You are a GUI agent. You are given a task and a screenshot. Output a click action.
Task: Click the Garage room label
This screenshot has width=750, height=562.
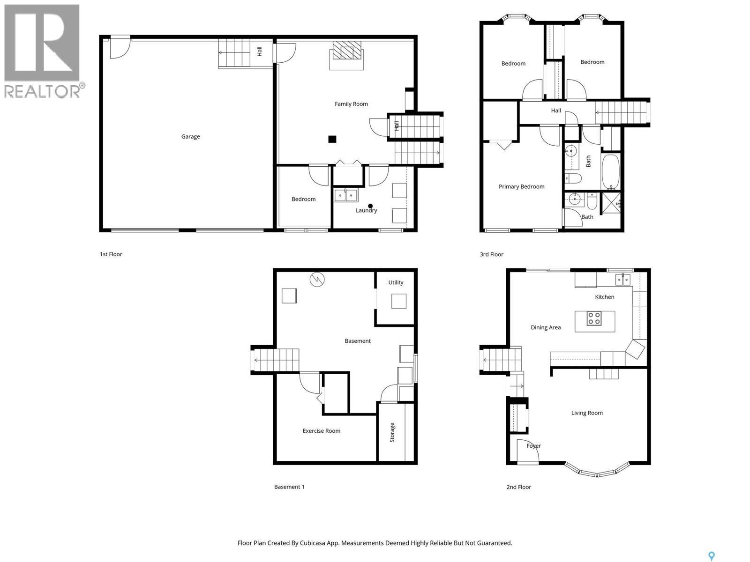coord(190,137)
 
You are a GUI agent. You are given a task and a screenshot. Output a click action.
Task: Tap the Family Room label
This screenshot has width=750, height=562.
coord(351,104)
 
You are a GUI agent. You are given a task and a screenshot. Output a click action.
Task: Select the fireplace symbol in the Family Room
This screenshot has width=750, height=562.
coord(347,51)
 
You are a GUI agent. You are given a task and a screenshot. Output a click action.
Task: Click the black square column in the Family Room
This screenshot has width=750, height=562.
coord(332,139)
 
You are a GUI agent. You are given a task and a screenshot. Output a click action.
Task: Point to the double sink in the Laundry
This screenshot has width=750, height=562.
coord(346,195)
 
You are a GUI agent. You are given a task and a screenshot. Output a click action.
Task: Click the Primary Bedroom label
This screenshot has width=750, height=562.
coord(521,186)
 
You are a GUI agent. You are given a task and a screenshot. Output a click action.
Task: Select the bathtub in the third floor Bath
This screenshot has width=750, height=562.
coord(611,172)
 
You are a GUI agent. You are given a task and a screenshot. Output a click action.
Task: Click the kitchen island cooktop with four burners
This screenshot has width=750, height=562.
coord(594,318)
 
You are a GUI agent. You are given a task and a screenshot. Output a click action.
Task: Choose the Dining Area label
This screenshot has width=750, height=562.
coord(546,327)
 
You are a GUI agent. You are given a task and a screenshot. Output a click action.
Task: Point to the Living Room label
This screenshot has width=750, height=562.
coord(587,413)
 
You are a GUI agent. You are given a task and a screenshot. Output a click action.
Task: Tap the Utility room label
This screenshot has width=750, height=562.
coord(396,282)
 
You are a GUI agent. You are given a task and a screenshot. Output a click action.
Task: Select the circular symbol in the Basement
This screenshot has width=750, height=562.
coord(317,280)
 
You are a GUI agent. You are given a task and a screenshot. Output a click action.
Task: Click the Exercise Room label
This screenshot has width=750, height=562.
coord(322,431)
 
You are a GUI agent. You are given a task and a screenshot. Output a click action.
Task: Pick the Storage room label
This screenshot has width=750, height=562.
coord(392,432)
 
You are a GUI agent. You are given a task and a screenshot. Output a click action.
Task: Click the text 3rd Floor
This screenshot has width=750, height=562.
coord(491,254)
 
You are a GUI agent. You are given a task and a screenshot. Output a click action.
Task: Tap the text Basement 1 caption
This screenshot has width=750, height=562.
coord(289,487)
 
